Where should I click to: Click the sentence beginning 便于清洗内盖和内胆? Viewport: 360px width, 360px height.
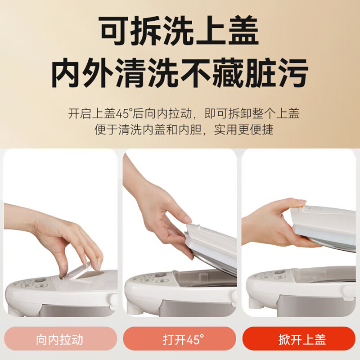(x=184, y=130)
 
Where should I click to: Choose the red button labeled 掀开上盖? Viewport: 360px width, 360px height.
(x=299, y=339)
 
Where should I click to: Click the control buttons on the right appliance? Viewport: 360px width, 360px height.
(x=270, y=275)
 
